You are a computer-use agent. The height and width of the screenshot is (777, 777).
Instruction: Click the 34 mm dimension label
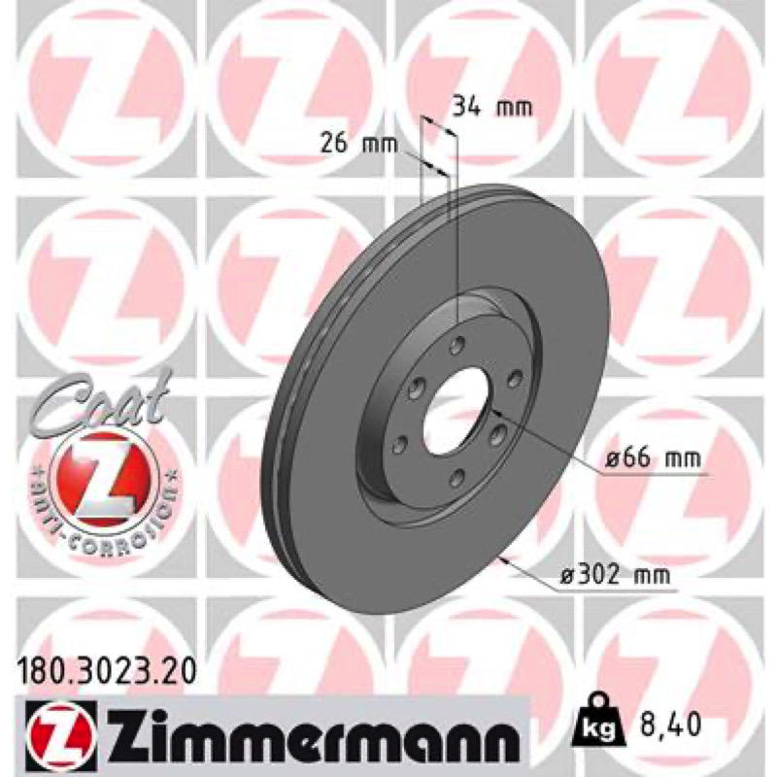(492, 107)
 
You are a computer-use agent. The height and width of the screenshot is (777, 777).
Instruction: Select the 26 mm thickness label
(359, 144)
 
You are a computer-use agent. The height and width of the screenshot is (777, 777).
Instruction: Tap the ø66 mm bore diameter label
(653, 458)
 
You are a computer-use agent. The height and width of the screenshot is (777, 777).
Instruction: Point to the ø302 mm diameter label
(615, 575)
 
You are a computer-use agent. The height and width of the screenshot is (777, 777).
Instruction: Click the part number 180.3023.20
(106, 673)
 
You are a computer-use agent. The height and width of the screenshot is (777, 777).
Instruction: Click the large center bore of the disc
(456, 405)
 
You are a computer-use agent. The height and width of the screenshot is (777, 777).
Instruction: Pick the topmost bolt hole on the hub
(456, 345)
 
